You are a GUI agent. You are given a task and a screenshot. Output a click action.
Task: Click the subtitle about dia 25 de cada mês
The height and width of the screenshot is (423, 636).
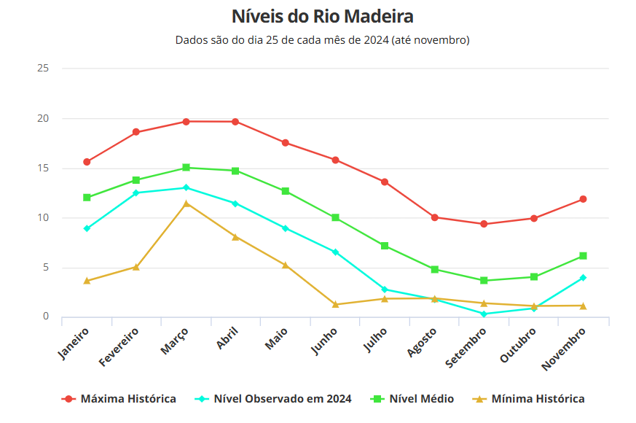(322, 40)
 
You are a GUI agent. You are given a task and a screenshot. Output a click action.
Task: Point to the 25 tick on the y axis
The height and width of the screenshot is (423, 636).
(43, 69)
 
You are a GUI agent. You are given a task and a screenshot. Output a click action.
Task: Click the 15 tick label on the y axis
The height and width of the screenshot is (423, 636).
(43, 168)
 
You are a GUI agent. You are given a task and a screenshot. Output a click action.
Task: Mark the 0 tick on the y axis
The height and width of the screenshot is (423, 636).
(45, 317)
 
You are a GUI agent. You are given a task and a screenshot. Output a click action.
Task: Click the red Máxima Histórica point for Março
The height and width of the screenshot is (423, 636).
(187, 122)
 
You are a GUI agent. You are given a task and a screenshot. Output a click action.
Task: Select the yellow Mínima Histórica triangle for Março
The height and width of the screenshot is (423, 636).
(187, 203)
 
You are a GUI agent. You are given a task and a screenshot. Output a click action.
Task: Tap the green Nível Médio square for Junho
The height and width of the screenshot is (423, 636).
(336, 218)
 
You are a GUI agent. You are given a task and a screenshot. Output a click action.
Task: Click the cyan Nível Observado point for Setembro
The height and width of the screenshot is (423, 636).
(484, 314)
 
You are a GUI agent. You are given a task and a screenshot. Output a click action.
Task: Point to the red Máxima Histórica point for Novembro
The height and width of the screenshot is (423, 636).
(584, 199)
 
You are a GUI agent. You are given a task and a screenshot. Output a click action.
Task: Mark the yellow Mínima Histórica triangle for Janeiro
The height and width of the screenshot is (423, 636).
(87, 281)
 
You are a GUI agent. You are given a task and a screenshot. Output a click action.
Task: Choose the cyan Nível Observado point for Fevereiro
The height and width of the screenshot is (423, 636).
(136, 193)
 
